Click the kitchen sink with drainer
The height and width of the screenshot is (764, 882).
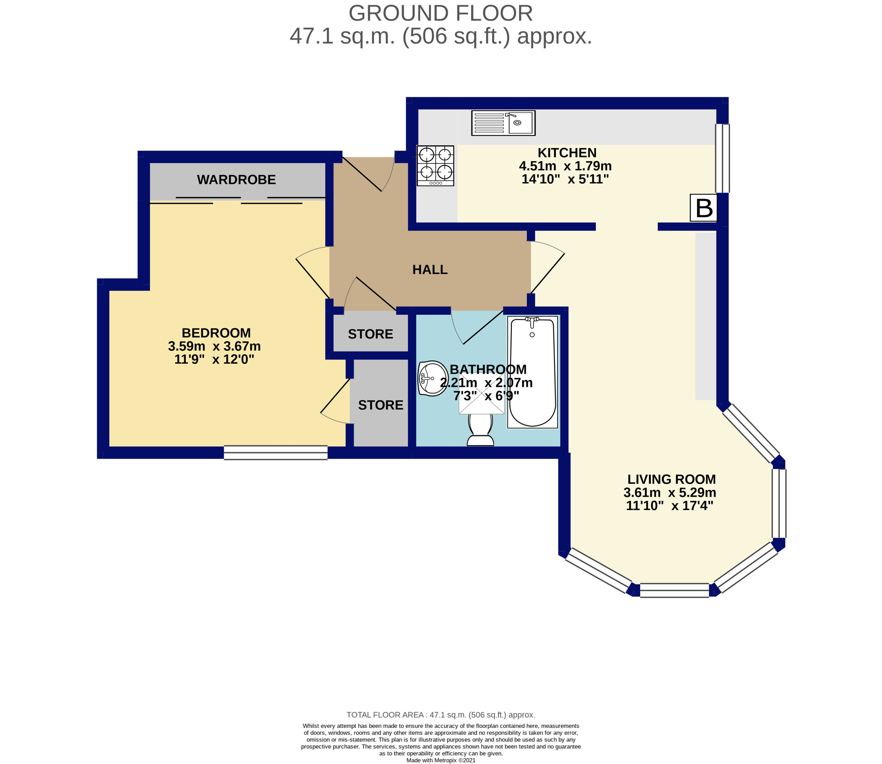point(503,123)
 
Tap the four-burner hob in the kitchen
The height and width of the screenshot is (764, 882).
point(435,166)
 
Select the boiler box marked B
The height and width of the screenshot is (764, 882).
point(703,208)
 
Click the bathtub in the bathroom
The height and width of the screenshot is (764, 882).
point(533,372)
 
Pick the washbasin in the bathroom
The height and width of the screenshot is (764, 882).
point(433,378)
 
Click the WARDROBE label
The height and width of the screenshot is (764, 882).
point(236,179)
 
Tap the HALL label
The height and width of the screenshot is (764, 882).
point(430,270)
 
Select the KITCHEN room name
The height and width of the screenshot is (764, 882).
point(567,153)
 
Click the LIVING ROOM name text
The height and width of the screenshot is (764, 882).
point(671,479)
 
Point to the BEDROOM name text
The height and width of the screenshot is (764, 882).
point(216,333)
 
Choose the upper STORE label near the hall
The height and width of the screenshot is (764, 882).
point(370,334)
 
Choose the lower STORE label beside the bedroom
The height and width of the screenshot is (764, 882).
point(381,405)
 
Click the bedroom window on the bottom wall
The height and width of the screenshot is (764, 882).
point(276,453)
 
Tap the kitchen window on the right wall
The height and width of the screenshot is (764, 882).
point(723,159)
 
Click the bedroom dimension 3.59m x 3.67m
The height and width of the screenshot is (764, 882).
point(214,346)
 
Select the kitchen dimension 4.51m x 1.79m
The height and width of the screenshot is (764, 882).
point(565,166)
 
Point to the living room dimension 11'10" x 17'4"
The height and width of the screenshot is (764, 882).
point(669,506)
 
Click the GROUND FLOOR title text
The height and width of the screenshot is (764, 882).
point(441,14)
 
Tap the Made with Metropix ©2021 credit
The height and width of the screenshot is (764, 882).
point(441,760)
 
